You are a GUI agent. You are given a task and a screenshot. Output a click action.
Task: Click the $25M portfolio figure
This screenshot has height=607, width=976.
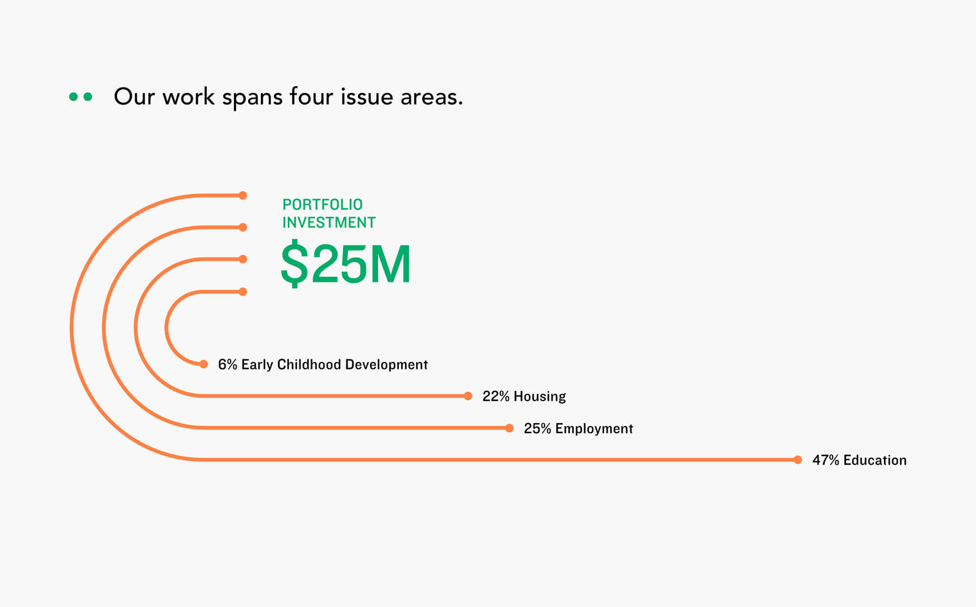(346, 264)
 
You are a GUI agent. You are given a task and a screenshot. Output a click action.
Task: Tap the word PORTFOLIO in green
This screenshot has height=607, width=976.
(322, 204)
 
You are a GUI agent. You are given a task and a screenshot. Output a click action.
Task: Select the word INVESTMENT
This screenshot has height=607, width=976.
(329, 223)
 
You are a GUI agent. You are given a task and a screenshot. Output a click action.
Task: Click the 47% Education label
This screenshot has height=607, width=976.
(859, 460)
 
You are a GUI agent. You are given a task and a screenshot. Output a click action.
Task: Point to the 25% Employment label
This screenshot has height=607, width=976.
(578, 429)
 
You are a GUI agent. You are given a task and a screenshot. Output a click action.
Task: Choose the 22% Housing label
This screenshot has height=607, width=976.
(524, 397)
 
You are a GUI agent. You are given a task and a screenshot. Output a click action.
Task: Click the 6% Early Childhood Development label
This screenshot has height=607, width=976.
(323, 365)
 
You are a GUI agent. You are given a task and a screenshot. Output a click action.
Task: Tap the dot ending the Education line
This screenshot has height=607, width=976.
(798, 460)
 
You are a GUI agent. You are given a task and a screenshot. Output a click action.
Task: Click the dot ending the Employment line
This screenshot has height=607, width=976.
(509, 428)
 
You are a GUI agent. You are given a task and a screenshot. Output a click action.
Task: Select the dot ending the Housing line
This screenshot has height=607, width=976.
(468, 396)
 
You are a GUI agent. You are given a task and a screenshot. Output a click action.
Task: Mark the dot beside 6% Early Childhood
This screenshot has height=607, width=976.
(204, 364)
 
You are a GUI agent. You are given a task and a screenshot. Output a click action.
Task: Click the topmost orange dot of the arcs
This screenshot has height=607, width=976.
(243, 195)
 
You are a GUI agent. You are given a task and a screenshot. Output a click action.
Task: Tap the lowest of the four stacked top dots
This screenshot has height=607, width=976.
(243, 291)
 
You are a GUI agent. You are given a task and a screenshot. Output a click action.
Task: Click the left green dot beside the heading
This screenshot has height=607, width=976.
(73, 97)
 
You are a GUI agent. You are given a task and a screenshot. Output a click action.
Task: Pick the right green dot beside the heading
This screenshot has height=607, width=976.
(88, 97)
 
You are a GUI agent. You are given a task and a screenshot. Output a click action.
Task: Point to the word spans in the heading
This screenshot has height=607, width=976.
(252, 98)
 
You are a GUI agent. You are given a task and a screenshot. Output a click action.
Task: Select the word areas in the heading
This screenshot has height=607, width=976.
(432, 97)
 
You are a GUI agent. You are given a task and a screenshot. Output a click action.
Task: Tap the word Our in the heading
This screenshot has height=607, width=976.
(134, 97)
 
